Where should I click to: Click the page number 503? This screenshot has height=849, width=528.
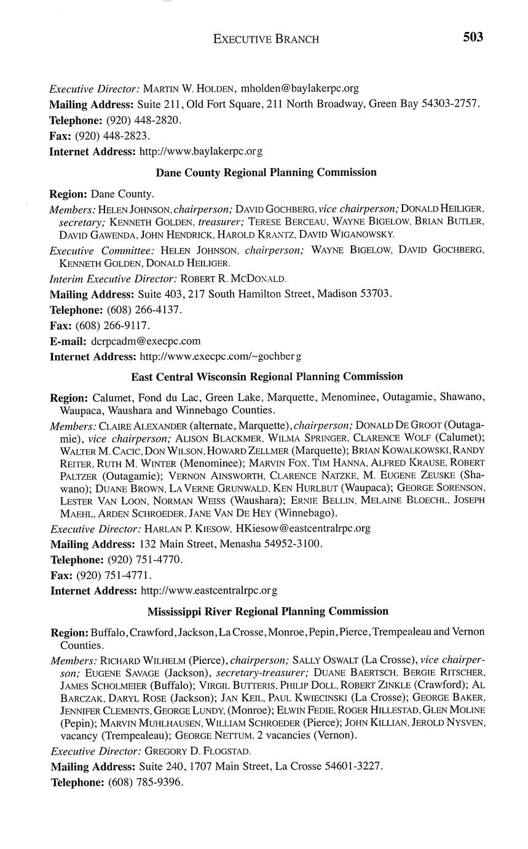pos(473,38)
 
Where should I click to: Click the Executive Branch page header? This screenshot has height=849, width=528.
pos(266,39)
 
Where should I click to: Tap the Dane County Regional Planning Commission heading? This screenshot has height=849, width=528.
pos(266,173)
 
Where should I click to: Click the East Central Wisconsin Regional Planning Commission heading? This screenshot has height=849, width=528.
pos(267,377)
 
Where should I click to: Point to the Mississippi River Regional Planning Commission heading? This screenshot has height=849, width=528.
pos(268,612)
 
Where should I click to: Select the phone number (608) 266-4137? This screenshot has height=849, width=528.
pos(144,309)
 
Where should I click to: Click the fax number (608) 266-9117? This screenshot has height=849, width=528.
pos(113,325)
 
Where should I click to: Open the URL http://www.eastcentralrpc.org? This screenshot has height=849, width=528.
pos(209,591)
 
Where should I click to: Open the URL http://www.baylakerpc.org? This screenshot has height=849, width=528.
pos(201,151)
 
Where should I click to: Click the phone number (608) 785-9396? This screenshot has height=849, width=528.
pos(146,783)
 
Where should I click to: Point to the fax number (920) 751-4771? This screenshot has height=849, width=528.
pos(114,575)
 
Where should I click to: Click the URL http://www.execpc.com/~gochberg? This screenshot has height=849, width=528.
pos(221,356)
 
